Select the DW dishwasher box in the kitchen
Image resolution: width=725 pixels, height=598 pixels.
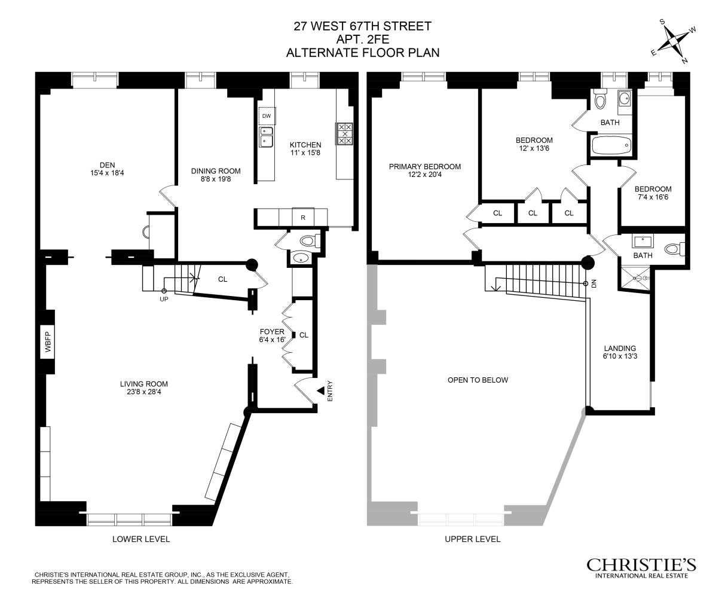coord(267,116)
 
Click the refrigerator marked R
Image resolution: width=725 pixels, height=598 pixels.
coord(303,218)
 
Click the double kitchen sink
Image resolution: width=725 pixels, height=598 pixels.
coord(266,137)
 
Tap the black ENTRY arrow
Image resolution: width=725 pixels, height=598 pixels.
coord(321,390)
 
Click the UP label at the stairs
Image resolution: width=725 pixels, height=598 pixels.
coord(164,299)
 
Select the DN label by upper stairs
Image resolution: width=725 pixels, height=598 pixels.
coord(594,283)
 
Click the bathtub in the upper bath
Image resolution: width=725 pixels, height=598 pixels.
coord(610,145)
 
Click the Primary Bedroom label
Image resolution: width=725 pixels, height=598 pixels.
coord(424,167)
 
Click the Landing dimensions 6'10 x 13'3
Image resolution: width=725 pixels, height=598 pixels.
coord(620,357)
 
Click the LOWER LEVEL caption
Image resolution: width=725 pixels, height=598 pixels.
coord(141,539)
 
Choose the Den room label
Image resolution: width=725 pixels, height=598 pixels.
coord(108,165)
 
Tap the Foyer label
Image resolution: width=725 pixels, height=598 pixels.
coord(272,332)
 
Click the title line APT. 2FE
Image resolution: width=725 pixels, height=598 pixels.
coord(362,39)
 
